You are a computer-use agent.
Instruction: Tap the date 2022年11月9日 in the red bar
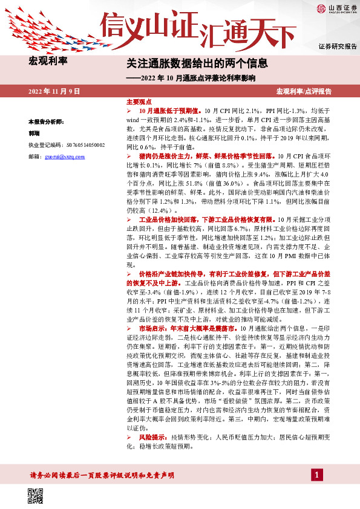(x=54, y=91)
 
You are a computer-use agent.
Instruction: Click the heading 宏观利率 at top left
(x=48, y=61)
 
